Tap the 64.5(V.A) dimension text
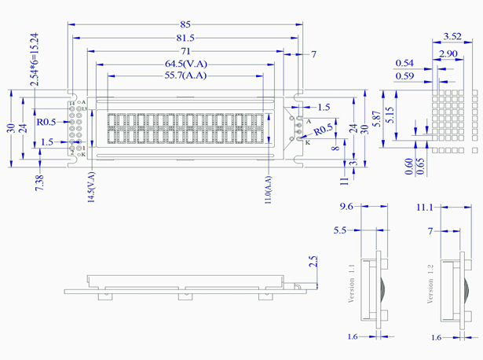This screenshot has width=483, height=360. click(186, 64)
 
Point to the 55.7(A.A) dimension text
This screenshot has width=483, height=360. click(186, 76)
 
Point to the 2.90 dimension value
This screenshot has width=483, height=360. click(449, 53)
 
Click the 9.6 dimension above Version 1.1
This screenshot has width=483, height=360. click(347, 208)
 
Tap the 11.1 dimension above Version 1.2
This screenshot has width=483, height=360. click(425, 208)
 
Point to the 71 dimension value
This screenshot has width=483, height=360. click(186, 50)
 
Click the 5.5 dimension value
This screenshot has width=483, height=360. click(340, 231)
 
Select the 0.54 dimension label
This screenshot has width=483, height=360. click(404, 63)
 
